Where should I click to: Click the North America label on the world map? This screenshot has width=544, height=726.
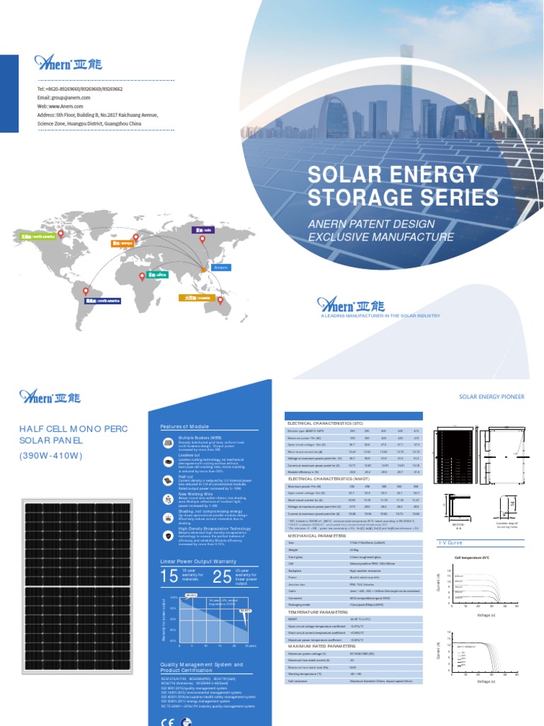pos(37,236)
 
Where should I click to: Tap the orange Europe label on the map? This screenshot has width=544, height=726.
pos(123,243)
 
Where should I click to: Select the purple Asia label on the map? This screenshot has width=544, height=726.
pos(201,230)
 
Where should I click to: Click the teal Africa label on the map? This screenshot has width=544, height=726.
pos(157,274)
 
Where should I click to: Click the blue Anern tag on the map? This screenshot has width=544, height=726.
pos(220,267)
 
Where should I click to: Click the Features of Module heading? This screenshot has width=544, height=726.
pos(185,427)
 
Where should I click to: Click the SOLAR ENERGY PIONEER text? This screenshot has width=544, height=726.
pos(492,397)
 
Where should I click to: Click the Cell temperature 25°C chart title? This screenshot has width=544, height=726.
pos(473,558)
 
